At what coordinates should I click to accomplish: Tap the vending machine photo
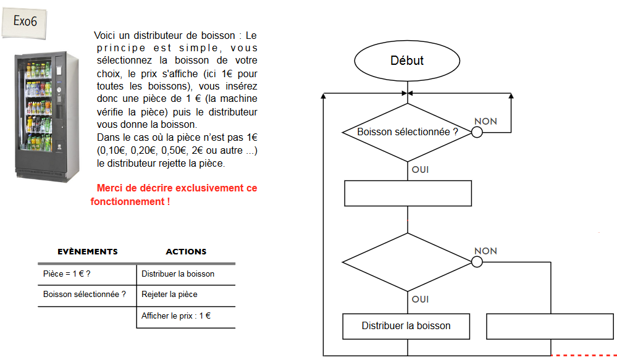point(47,115)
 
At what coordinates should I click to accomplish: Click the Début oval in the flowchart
point(407,61)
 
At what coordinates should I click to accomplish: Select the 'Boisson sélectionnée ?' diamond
point(408,132)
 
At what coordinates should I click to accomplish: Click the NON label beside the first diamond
point(485,122)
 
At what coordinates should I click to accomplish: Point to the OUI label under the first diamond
point(420,169)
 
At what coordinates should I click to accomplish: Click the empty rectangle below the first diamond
point(407,193)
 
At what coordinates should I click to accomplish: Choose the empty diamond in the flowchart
point(408,262)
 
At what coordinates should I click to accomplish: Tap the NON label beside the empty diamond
point(485,251)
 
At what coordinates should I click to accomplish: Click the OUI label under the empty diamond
point(420,299)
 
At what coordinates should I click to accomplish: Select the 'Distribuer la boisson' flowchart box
point(406,326)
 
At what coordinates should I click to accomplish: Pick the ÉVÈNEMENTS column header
point(87,252)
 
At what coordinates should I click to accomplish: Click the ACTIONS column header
point(186,252)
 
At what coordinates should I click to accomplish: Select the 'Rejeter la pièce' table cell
point(169,295)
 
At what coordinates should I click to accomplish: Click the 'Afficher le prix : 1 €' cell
point(176,316)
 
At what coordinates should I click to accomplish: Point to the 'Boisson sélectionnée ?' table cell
point(84,295)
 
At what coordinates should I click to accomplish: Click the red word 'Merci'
point(109,188)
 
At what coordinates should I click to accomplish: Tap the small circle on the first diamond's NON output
point(477,132)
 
